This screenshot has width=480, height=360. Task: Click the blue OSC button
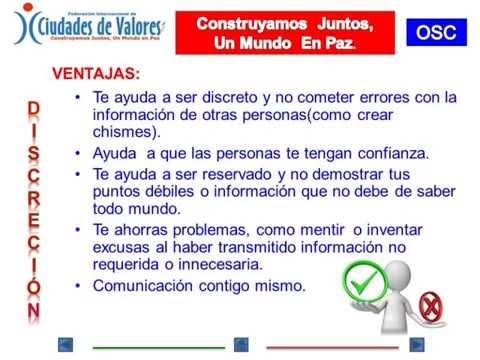437,32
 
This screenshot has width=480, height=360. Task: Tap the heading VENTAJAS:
96,75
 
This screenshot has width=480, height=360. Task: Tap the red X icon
433,305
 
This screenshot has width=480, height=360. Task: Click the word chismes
122,133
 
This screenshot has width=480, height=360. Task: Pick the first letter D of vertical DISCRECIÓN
34,107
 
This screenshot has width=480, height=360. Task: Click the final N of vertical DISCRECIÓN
34,310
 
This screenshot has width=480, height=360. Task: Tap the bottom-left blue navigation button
66,344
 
